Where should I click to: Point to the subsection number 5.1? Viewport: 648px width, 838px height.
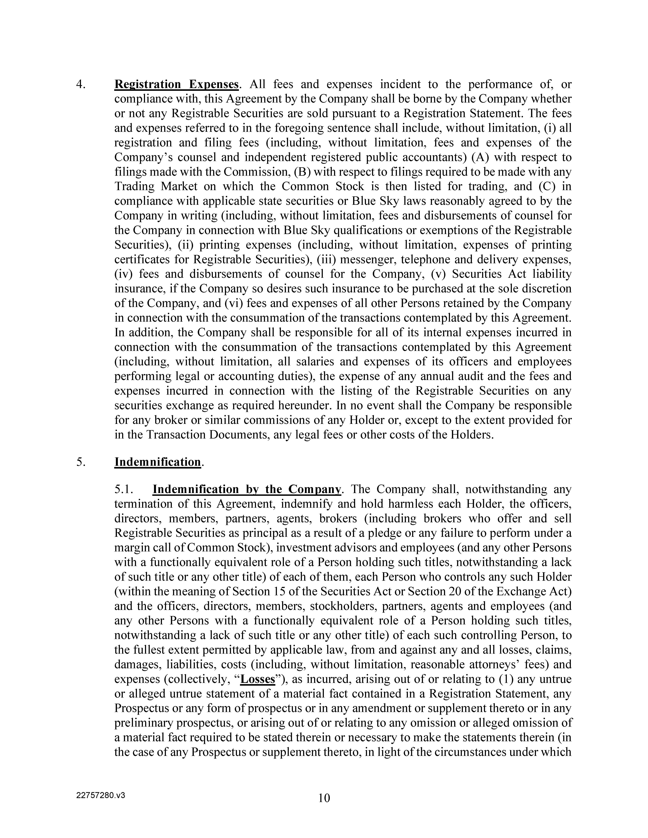(124, 490)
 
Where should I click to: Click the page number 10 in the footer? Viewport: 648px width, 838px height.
(324, 798)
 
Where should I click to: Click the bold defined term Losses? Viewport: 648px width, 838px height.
(258, 679)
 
